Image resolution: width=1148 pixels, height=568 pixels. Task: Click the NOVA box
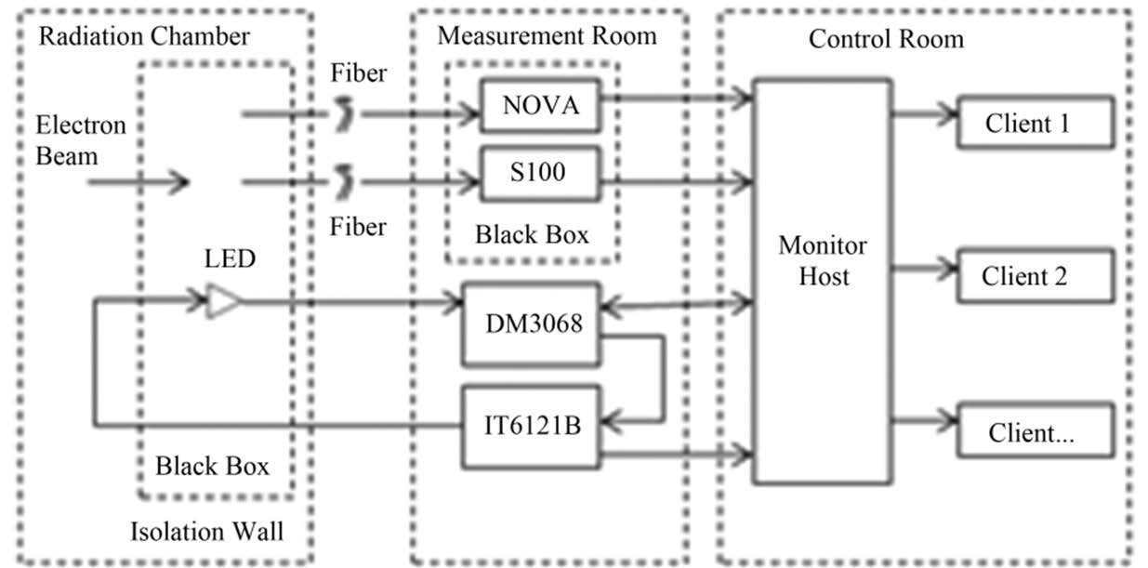(540, 106)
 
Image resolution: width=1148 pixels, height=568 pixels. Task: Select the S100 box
(540, 173)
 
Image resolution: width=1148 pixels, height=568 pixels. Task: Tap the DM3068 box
(534, 324)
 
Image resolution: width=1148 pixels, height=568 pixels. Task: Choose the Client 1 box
(1035, 123)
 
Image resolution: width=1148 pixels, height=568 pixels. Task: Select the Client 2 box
(1035, 276)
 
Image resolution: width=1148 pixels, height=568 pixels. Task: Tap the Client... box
(1035, 430)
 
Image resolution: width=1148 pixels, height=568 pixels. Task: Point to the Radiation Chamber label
(144, 37)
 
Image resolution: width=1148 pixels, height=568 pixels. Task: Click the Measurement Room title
(547, 36)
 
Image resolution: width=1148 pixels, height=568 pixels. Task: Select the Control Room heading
(886, 39)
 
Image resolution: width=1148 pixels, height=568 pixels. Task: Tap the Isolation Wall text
(206, 532)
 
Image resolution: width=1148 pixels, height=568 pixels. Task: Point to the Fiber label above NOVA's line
(359, 73)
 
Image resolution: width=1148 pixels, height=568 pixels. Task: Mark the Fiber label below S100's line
(359, 226)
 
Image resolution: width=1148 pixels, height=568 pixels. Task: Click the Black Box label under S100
(532, 234)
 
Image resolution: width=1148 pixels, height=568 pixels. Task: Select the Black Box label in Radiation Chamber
(212, 465)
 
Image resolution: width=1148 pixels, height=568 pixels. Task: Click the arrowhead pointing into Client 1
(949, 115)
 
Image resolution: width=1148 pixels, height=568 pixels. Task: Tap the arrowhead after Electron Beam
(179, 181)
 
